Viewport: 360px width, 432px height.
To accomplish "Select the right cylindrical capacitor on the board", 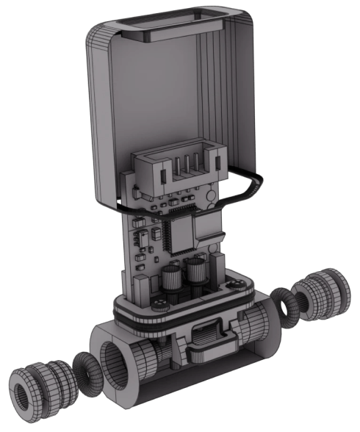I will point(195,272).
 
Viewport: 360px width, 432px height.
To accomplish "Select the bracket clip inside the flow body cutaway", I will point(208,344).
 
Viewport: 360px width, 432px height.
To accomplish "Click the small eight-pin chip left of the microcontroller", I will point(155,235).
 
